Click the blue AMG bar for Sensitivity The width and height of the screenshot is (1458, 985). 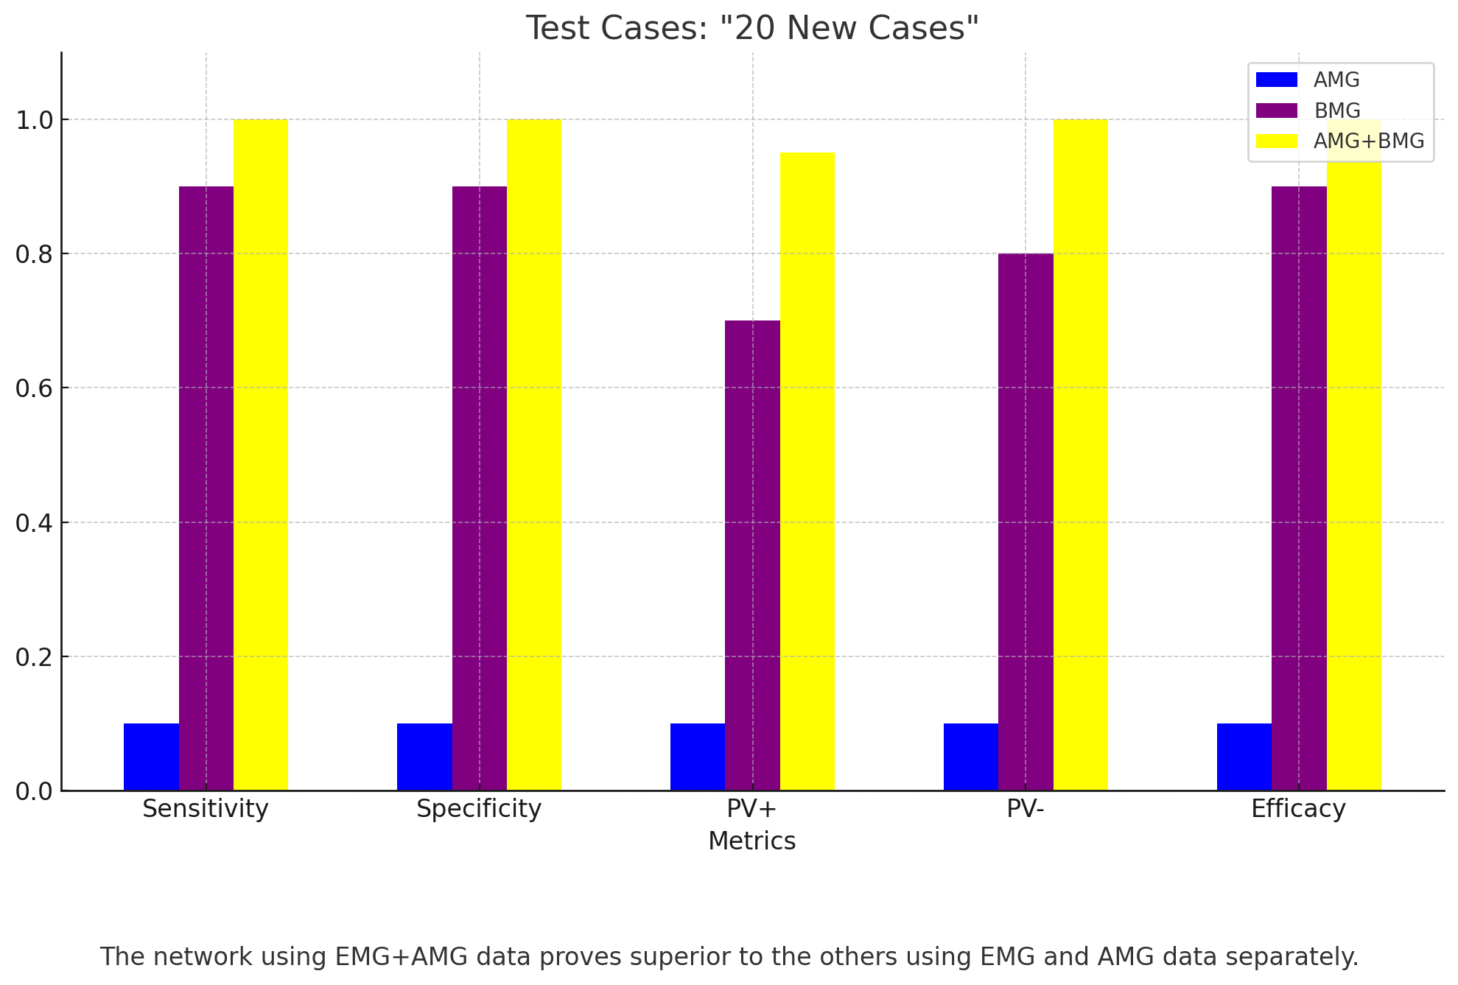151,757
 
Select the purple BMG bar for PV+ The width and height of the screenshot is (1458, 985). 752,555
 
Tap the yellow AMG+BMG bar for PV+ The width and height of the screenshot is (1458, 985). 807,472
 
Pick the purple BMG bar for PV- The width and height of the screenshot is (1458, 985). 1026,522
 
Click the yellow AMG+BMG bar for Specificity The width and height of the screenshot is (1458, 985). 534,455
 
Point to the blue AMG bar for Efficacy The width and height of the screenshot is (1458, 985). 1244,757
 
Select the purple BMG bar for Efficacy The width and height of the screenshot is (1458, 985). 1299,488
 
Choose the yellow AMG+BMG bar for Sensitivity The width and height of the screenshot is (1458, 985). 261,455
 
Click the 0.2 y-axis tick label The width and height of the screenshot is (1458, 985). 35,656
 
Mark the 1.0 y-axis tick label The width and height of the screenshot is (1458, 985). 35,120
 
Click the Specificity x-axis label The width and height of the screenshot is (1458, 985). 479,809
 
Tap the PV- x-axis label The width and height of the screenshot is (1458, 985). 1026,809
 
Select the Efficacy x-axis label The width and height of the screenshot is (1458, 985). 1298,809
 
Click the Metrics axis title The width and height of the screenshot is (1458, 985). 752,841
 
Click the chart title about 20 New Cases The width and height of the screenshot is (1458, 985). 752,29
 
